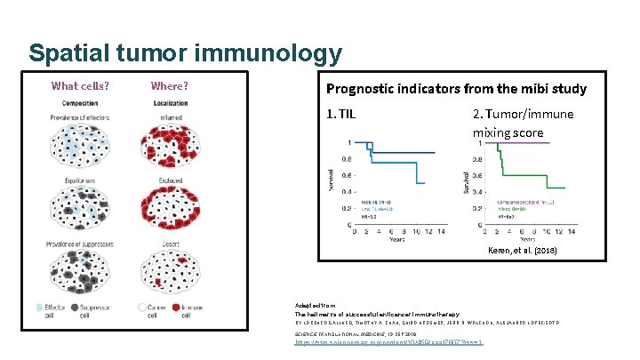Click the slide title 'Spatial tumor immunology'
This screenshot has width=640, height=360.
click(185, 53)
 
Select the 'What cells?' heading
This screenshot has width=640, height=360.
click(81, 86)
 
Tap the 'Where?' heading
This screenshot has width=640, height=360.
click(169, 86)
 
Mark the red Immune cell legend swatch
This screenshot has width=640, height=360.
click(173, 308)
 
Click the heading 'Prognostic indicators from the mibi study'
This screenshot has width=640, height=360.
click(456, 88)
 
